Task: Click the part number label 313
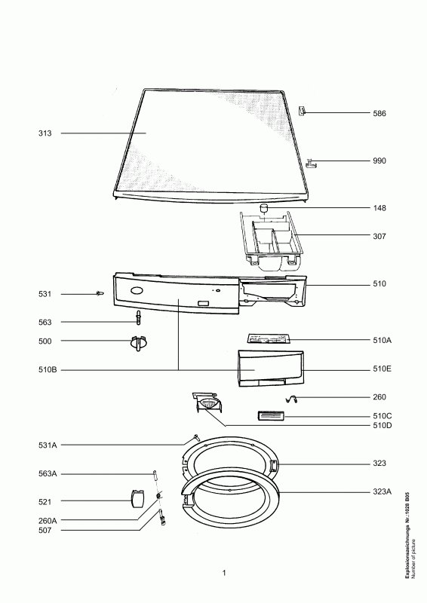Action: click(45, 133)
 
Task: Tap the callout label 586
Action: click(379, 114)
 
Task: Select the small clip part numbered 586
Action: click(303, 111)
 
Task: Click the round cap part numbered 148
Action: click(263, 208)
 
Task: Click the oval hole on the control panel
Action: click(137, 290)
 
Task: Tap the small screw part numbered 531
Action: click(100, 294)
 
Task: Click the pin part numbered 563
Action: click(138, 317)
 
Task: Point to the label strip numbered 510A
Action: click(269, 338)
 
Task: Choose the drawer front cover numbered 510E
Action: click(271, 368)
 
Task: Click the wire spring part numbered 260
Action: click(292, 399)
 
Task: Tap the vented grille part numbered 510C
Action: click(271, 416)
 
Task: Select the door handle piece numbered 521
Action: click(137, 498)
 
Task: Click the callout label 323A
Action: click(382, 491)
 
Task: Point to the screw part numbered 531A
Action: click(195, 437)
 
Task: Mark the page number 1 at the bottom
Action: click(224, 573)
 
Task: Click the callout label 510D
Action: click(382, 426)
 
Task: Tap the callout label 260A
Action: click(48, 521)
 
